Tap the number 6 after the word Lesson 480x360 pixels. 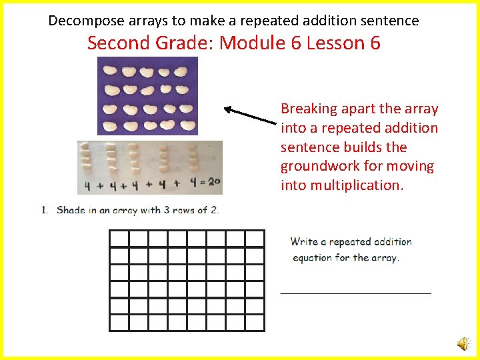(374, 43)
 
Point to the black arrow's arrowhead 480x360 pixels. (227, 109)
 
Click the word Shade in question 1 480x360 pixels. (71, 210)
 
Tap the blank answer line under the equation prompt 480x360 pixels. (355, 292)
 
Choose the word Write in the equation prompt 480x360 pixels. (304, 241)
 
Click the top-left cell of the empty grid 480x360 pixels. (119, 239)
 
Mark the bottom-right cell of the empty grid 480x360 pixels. (255, 323)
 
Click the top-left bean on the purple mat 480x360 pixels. (110, 69)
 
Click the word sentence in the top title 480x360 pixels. (393, 21)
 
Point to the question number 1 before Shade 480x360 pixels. (44, 210)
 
